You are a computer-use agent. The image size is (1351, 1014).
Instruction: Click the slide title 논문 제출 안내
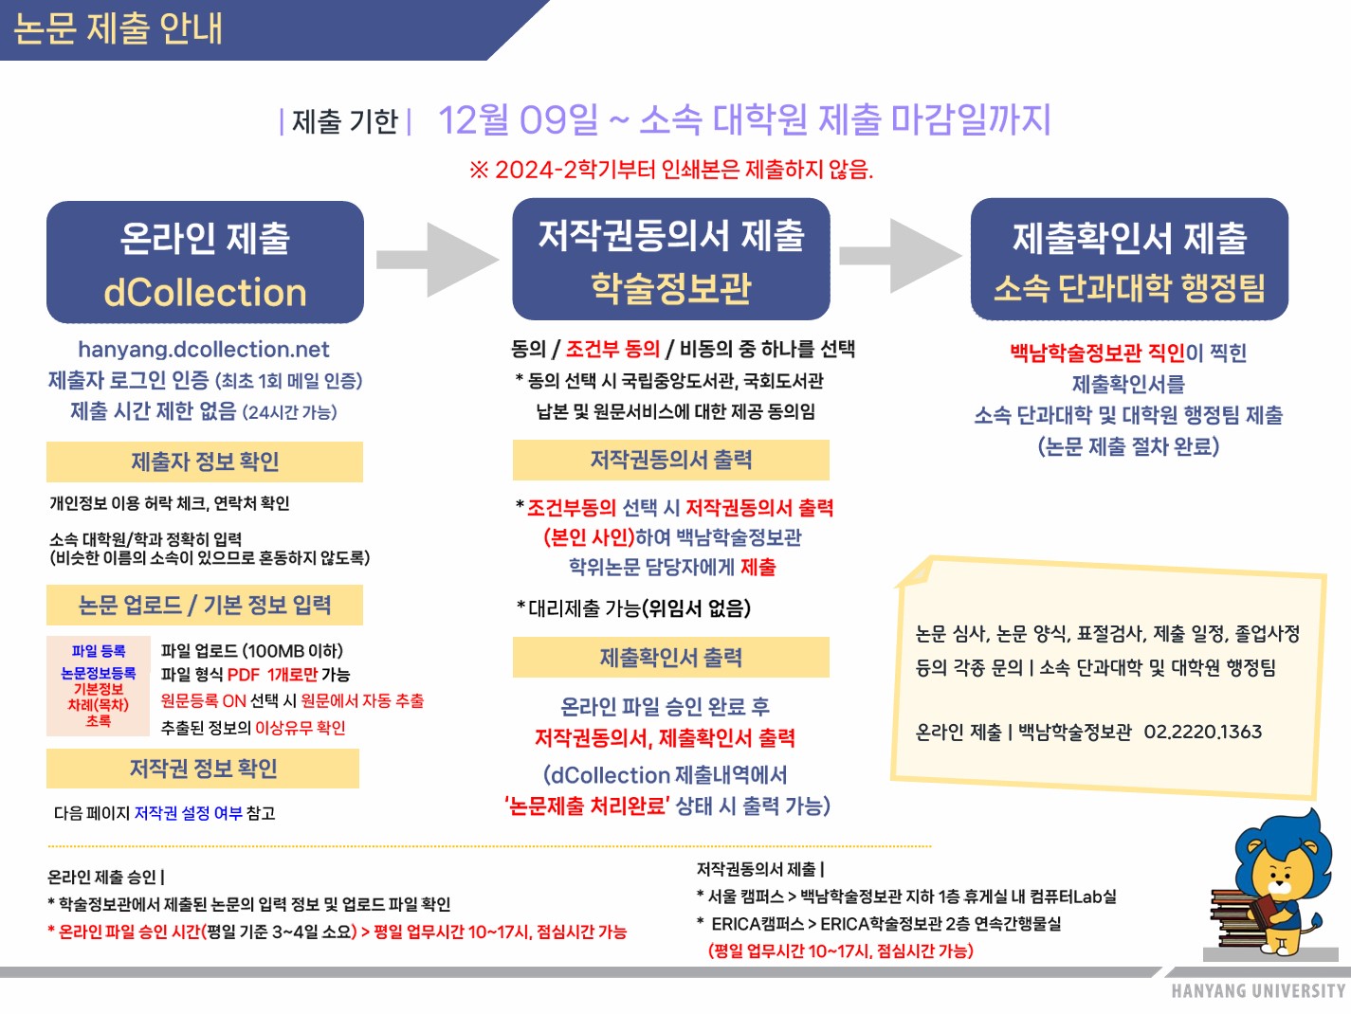[x=118, y=28]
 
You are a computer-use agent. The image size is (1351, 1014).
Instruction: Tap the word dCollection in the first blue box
[x=205, y=292]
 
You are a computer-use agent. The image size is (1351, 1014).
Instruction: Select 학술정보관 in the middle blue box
[x=671, y=287]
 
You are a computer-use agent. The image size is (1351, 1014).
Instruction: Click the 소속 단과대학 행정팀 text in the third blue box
[x=1129, y=287]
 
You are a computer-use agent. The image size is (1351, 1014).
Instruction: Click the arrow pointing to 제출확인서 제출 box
[x=900, y=256]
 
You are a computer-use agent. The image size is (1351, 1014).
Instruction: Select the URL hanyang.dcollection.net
[x=204, y=350]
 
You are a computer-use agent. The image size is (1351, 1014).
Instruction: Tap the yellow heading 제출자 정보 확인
[x=205, y=462]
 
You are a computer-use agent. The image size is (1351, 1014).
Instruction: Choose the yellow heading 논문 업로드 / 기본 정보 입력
[x=205, y=606]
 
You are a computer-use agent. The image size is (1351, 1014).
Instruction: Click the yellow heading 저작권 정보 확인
[x=203, y=769]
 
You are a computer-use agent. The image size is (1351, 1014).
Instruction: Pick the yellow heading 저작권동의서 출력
[x=671, y=460]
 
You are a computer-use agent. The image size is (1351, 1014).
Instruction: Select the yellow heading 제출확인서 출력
[x=671, y=657]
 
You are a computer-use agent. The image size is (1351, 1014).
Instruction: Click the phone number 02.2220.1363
[x=1202, y=732]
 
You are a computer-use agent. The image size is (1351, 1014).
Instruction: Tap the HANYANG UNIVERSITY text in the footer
[x=1258, y=991]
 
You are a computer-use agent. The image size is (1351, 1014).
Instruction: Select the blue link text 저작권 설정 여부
[x=188, y=813]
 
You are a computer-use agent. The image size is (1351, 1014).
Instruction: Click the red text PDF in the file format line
[x=243, y=675]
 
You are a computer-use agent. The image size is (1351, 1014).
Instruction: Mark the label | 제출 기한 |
[x=345, y=121]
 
